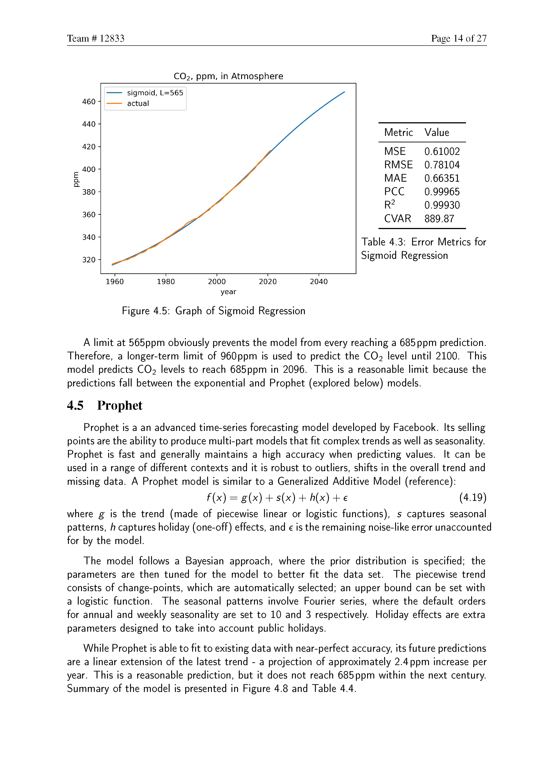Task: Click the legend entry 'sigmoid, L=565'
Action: pos(155,93)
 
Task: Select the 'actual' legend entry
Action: pos(138,103)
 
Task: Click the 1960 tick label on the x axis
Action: pos(115,282)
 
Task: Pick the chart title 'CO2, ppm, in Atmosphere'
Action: pos(228,76)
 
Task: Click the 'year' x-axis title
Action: pos(228,292)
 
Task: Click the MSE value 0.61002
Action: pos(442,151)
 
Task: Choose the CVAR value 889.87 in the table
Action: pos(439,219)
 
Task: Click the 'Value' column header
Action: pos(437,133)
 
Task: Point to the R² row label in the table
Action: pos(389,205)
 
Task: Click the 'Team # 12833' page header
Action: pos(96,38)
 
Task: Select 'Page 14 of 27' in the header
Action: pos(458,38)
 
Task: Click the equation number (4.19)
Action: pos(472,497)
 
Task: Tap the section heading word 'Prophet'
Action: pos(119,406)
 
